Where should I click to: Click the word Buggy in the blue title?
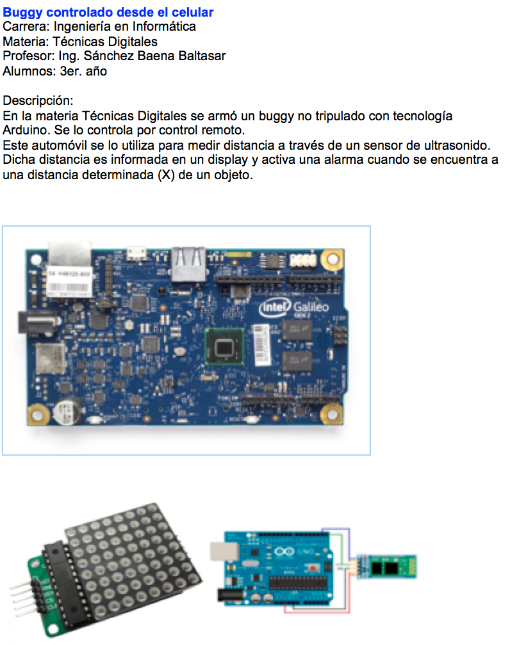coord(22,12)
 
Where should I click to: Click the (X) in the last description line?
coord(167,175)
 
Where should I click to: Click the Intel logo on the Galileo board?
coord(275,307)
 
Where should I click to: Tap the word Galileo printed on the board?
coord(311,307)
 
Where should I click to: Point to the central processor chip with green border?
coord(224,346)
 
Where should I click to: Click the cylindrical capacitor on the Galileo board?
coord(69,411)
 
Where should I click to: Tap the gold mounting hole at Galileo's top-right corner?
coord(332,259)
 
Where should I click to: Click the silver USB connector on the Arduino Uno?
coord(224,551)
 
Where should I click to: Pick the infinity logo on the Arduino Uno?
coord(284,551)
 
